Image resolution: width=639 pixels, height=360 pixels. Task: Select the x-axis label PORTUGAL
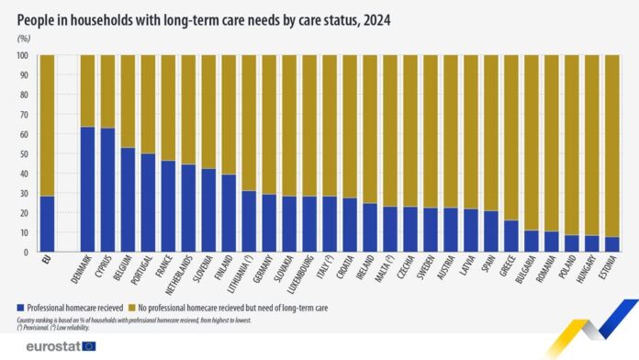coord(147,273)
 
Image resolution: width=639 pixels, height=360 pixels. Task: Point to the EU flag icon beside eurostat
coord(90,345)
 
